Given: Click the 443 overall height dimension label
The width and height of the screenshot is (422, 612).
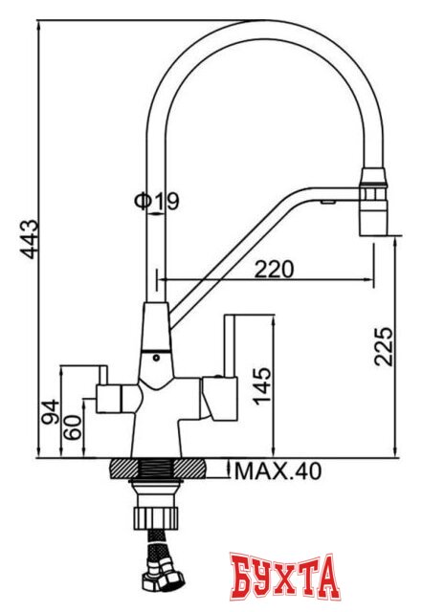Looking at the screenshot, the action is (30, 240).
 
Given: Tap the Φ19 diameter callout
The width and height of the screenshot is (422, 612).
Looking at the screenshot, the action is (156, 202).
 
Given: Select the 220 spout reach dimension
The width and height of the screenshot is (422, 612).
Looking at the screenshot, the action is (274, 269).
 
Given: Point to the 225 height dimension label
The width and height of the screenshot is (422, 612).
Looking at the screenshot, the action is (383, 346).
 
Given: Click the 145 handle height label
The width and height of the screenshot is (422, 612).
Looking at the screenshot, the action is (261, 386).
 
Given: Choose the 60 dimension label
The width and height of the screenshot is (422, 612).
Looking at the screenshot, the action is (73, 427).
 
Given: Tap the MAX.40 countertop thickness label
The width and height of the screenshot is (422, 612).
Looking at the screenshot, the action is (278, 471).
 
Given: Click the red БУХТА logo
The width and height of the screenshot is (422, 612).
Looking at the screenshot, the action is (284, 576).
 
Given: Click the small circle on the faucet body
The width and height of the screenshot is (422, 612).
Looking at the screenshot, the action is (157, 357).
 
